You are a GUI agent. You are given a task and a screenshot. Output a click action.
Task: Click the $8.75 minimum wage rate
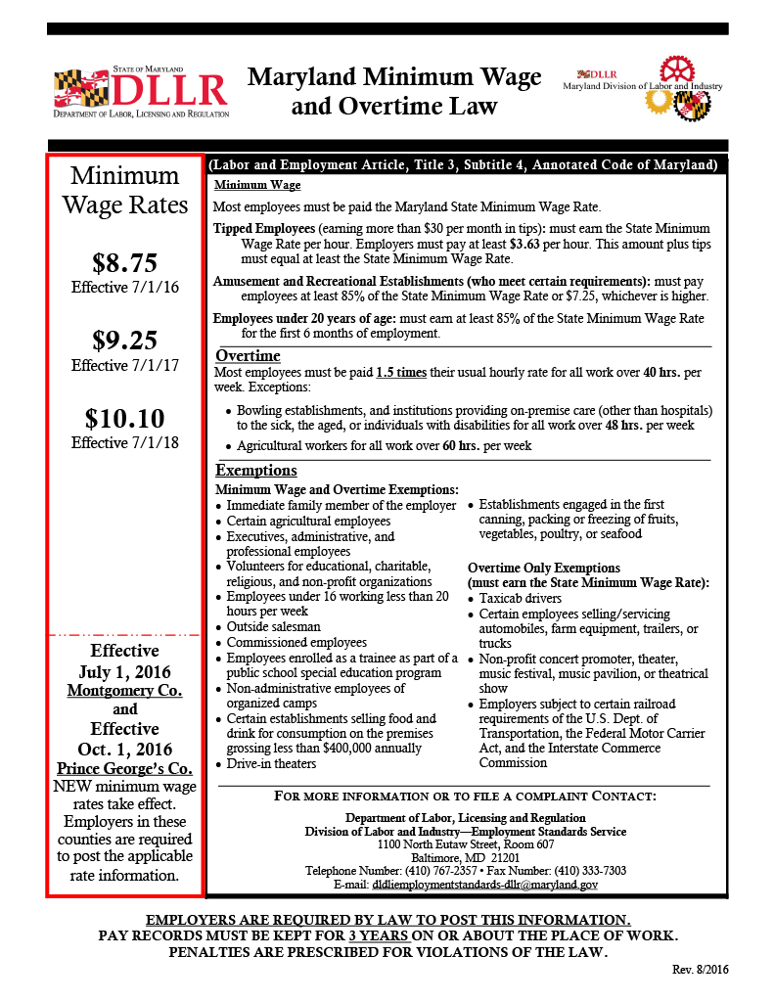pos(124,262)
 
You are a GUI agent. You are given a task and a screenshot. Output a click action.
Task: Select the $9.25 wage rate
pos(124,341)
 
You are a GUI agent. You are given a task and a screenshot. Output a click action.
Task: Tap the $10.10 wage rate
pos(124,419)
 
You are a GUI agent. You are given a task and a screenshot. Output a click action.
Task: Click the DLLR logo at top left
pos(142,93)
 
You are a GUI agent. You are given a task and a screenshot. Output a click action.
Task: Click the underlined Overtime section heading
pos(248,355)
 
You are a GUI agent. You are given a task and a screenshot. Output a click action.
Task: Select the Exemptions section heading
pos(256,471)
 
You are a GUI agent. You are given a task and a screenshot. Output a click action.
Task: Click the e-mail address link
pos(485,884)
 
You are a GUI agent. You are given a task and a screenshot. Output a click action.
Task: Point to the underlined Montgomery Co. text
pos(124,690)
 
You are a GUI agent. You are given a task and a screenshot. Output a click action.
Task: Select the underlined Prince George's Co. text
pos(124,767)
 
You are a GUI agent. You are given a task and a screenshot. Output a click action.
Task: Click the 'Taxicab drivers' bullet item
pos(522,598)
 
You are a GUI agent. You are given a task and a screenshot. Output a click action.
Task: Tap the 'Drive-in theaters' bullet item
pos(271,763)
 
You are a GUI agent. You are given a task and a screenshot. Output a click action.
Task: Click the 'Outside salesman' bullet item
pos(273,627)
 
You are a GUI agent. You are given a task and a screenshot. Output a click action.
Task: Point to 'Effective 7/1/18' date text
pos(124,442)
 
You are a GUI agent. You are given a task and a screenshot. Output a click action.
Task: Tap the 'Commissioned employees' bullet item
pos(283,643)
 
